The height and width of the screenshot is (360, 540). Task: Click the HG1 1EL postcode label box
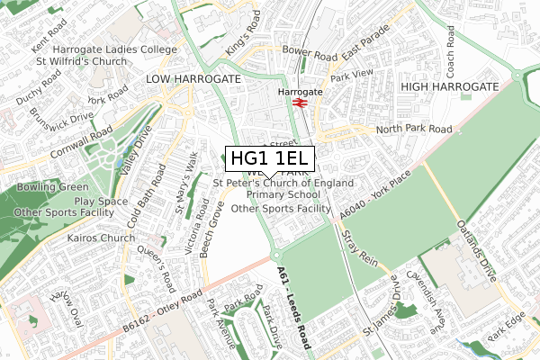coord(270,158)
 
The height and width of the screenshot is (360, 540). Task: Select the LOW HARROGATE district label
coord(193,79)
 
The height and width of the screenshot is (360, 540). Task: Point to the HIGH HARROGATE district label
coord(449,85)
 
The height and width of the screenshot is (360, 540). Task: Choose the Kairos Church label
coord(100,239)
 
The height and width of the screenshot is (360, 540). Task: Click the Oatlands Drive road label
coord(477,252)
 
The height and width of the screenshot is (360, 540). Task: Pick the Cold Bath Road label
coord(148,194)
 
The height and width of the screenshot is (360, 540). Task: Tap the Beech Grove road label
coord(214,229)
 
